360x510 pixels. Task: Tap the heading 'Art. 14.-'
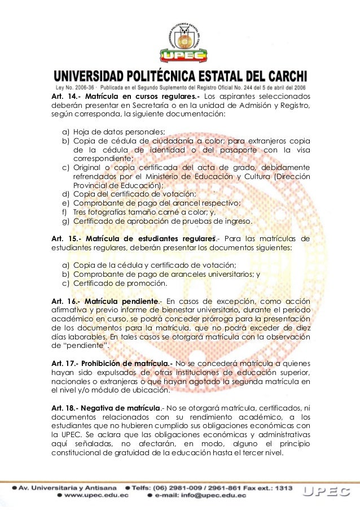click(63, 96)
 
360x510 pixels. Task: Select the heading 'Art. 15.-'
click(64, 238)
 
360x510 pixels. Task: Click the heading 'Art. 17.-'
click(63, 363)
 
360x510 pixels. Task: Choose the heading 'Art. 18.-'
click(63, 407)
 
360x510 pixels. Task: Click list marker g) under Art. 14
click(65, 221)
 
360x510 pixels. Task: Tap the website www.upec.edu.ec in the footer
click(96, 495)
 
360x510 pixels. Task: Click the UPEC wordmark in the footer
click(328, 491)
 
